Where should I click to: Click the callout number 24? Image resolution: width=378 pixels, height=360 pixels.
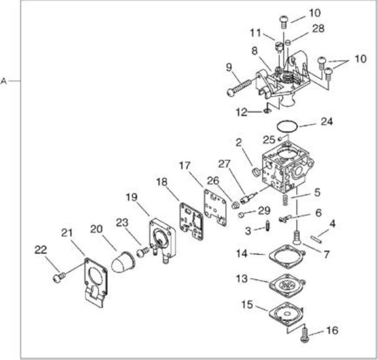pos(326,122)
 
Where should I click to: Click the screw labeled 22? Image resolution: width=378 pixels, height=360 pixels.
pos(59,277)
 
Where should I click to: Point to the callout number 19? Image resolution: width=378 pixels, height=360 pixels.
pos(132,197)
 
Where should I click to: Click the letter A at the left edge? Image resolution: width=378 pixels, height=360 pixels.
pos(4,81)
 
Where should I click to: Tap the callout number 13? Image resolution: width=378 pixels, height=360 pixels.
pos(241,278)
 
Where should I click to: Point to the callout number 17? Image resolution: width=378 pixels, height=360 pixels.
pos(185,166)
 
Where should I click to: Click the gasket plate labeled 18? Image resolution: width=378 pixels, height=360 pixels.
pos(191,221)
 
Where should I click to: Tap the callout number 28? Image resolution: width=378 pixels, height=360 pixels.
pos(319,29)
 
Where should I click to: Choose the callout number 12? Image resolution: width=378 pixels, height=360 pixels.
pos(242,112)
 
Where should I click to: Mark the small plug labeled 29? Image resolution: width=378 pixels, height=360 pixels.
pos(241,214)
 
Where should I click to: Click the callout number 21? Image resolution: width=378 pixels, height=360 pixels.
pos(67,233)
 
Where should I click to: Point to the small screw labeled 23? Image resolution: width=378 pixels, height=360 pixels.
pos(143,252)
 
